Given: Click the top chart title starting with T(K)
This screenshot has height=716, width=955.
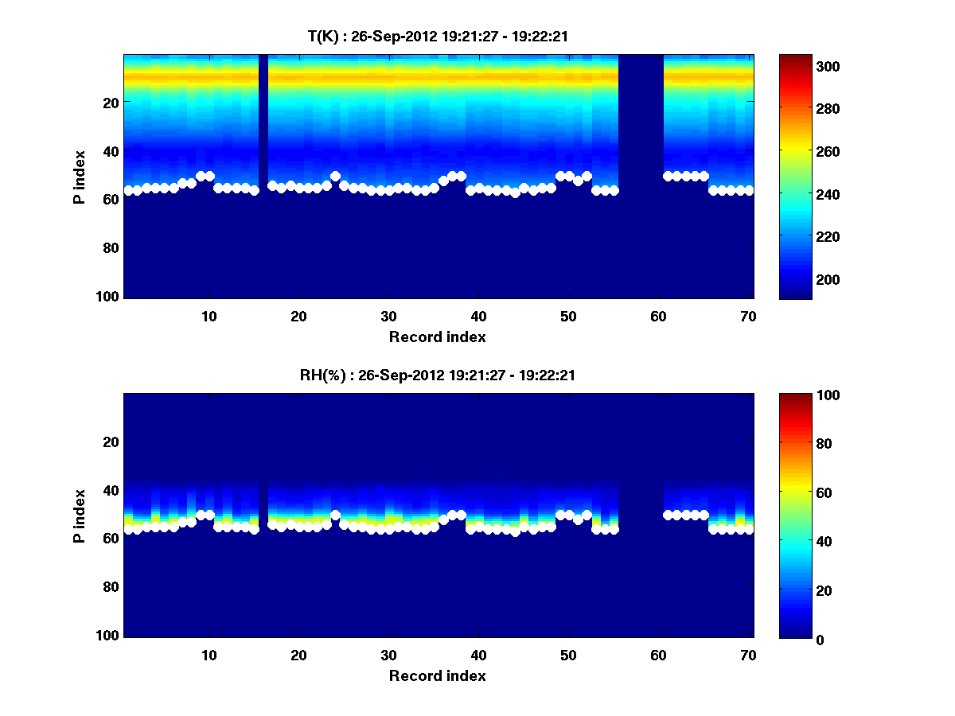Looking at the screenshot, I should [437, 36].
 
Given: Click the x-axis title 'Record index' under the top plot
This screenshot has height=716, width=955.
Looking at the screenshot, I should [437, 337].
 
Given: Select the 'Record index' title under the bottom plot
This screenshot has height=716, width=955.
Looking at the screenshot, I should [437, 675].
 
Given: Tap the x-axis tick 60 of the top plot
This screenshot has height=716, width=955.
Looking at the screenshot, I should [658, 316].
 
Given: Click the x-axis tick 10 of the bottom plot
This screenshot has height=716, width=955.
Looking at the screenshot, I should [209, 655].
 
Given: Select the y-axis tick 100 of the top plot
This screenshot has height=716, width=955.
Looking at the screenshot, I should [107, 296].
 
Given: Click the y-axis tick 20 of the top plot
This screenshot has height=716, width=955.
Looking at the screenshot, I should [111, 103].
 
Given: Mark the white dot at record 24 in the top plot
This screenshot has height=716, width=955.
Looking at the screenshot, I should [335, 177].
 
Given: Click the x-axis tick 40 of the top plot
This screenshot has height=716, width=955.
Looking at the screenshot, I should [478, 316].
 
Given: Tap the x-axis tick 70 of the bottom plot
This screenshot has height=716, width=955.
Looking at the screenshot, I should [748, 655].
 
